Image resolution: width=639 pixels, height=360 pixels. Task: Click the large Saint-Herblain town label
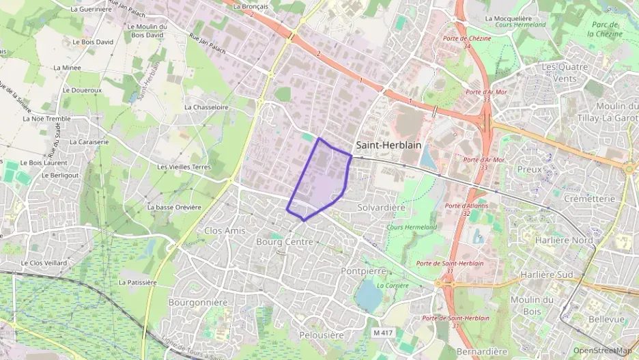(388, 145)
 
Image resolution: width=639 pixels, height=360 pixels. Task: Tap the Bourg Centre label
(284, 242)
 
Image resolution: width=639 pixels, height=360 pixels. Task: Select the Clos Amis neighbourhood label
(225, 231)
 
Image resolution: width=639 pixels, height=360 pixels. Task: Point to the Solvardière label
(381, 207)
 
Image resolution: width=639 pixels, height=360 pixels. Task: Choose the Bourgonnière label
(197, 302)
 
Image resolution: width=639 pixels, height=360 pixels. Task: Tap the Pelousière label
(321, 335)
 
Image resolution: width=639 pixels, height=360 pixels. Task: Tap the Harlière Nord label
(564, 240)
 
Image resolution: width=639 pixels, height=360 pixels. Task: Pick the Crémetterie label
(590, 199)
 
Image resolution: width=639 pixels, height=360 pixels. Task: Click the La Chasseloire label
(206, 107)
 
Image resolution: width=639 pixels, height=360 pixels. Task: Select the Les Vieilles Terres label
(184, 167)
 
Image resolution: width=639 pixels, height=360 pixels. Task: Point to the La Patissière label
(138, 282)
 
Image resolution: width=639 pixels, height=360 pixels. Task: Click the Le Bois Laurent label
(42, 163)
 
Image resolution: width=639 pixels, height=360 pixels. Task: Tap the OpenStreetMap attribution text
(602, 350)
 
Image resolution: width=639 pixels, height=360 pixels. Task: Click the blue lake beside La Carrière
(368, 296)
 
